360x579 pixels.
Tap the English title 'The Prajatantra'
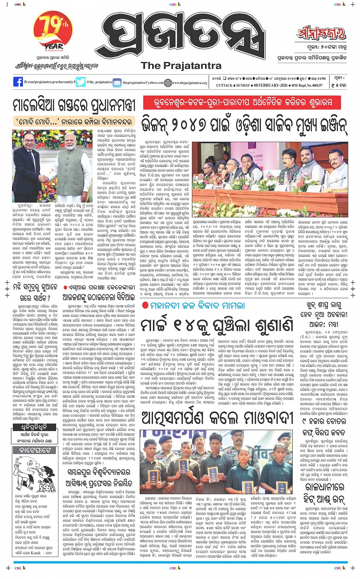[181, 65]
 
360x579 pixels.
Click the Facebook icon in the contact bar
[18, 82]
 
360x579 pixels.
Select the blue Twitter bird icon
[81, 82]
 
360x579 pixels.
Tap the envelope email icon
[117, 82]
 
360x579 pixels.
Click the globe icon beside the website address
[168, 82]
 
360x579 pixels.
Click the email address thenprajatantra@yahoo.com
[143, 82]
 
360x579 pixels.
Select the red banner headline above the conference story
[242, 103]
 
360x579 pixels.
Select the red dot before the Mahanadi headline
[145, 305]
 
